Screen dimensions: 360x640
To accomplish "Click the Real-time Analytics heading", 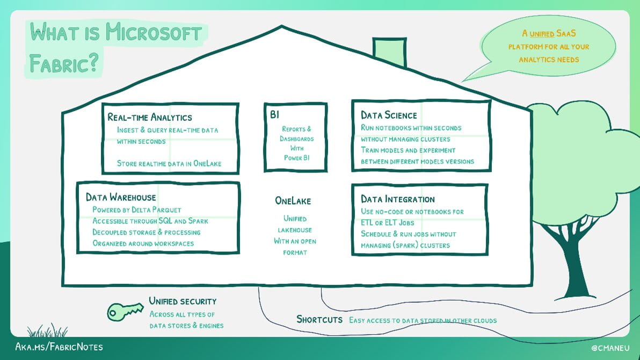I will (x=150, y=117).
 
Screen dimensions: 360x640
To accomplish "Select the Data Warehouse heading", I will (x=121, y=197).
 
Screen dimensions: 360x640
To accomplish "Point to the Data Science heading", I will (x=389, y=115).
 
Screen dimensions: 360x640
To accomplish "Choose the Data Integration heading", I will (x=398, y=199).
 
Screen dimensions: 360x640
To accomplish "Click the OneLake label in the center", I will (x=293, y=200).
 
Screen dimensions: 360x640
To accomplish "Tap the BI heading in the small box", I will (x=275, y=115).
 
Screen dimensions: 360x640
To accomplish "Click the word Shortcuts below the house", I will (x=319, y=320).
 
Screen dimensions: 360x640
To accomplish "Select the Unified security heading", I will (x=183, y=301).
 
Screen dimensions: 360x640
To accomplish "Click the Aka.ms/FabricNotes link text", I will (x=59, y=347).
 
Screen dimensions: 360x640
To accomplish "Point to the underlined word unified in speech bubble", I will (x=541, y=34).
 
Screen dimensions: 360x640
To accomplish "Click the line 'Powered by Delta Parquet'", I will (x=137, y=210).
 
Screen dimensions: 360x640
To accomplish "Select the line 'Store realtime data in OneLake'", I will (x=169, y=163).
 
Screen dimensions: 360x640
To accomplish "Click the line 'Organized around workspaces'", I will (x=143, y=243).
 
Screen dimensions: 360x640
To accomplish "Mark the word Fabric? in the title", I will (x=64, y=63).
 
